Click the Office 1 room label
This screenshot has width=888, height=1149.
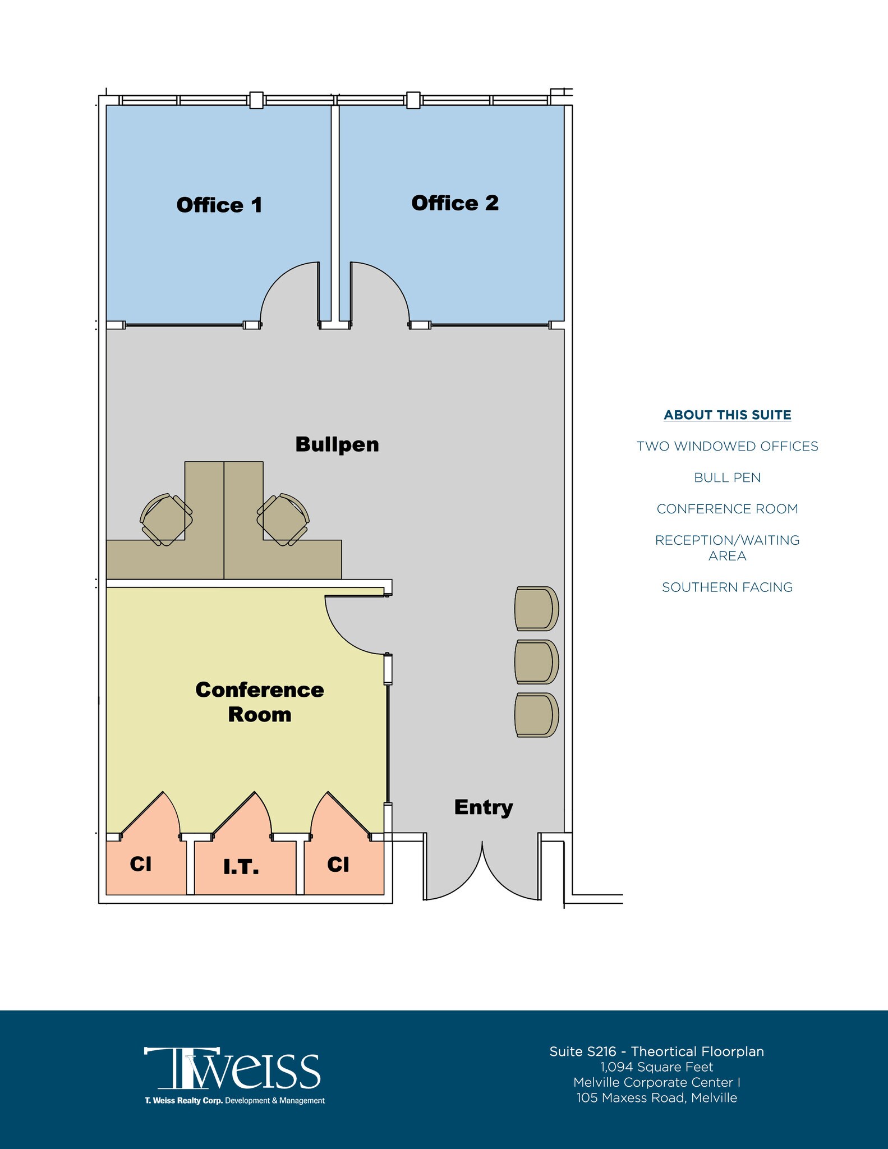(x=219, y=205)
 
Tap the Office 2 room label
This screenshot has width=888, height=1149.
(x=454, y=203)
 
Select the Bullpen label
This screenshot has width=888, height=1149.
(x=337, y=444)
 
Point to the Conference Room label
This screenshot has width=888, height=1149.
(x=259, y=702)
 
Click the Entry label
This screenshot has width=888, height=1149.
(x=483, y=807)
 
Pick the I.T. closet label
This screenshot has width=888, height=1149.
(x=241, y=867)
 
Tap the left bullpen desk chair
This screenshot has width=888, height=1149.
(x=166, y=520)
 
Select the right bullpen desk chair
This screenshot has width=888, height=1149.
(x=283, y=520)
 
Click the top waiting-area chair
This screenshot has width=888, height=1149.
(x=536, y=609)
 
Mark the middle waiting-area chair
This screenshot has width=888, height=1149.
(x=536, y=662)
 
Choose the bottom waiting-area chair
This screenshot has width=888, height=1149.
(x=536, y=715)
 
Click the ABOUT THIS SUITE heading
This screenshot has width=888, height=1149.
(x=727, y=415)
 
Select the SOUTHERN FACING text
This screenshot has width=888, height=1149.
(x=727, y=587)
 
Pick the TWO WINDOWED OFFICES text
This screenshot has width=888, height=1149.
(x=727, y=447)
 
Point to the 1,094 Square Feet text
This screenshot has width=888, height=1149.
(x=656, y=1067)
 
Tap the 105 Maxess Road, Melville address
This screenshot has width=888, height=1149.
(x=656, y=1098)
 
